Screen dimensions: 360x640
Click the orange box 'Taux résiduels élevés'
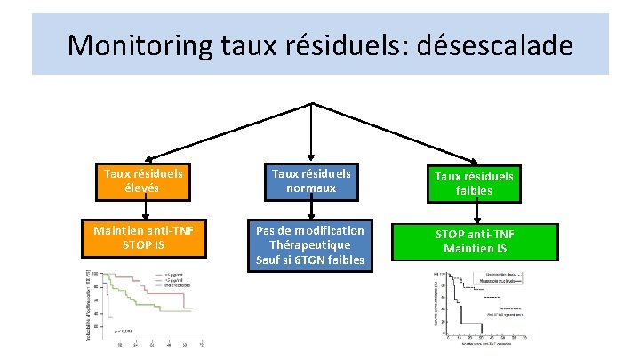point(143,182)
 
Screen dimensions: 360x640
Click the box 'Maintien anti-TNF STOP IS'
point(143,238)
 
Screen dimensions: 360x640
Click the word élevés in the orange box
point(143,189)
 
